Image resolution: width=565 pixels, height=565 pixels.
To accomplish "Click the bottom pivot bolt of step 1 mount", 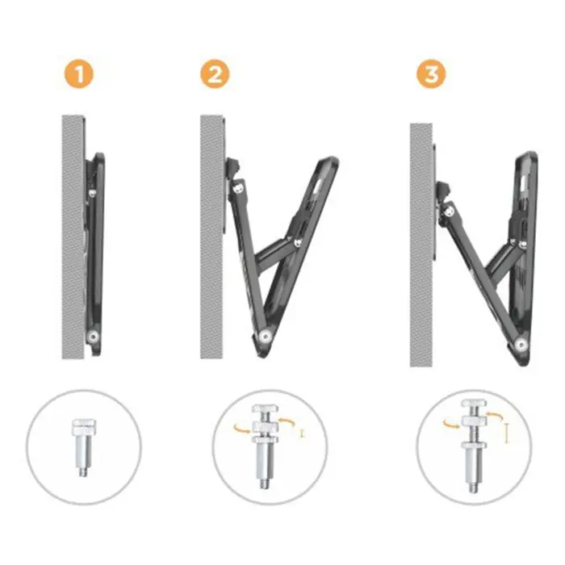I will tap(94, 335).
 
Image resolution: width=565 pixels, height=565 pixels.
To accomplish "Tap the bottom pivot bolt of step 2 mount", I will tap(262, 337).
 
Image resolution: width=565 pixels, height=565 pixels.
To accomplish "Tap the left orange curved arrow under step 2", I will tap(239, 427).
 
